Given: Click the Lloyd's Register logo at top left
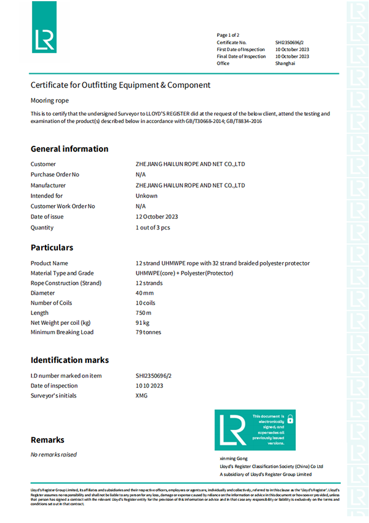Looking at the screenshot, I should coord(44,39).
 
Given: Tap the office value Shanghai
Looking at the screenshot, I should coord(285,63).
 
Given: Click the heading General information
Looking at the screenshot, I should coord(69,149).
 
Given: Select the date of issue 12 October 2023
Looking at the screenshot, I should coord(157,217).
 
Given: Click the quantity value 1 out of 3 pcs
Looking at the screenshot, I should coord(153,227).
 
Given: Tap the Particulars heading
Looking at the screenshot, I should coord(52,247).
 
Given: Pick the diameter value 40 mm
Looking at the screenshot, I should coord(145,293).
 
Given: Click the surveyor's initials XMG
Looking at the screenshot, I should coord(141,396).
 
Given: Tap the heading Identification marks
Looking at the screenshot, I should coord(69,360).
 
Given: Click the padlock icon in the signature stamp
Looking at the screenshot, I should coord(290,419).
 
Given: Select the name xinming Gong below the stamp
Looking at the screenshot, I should coord(233,459).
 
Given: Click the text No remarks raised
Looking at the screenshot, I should coord(54,455).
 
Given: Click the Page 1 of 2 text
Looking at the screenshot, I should coord(228,35).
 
